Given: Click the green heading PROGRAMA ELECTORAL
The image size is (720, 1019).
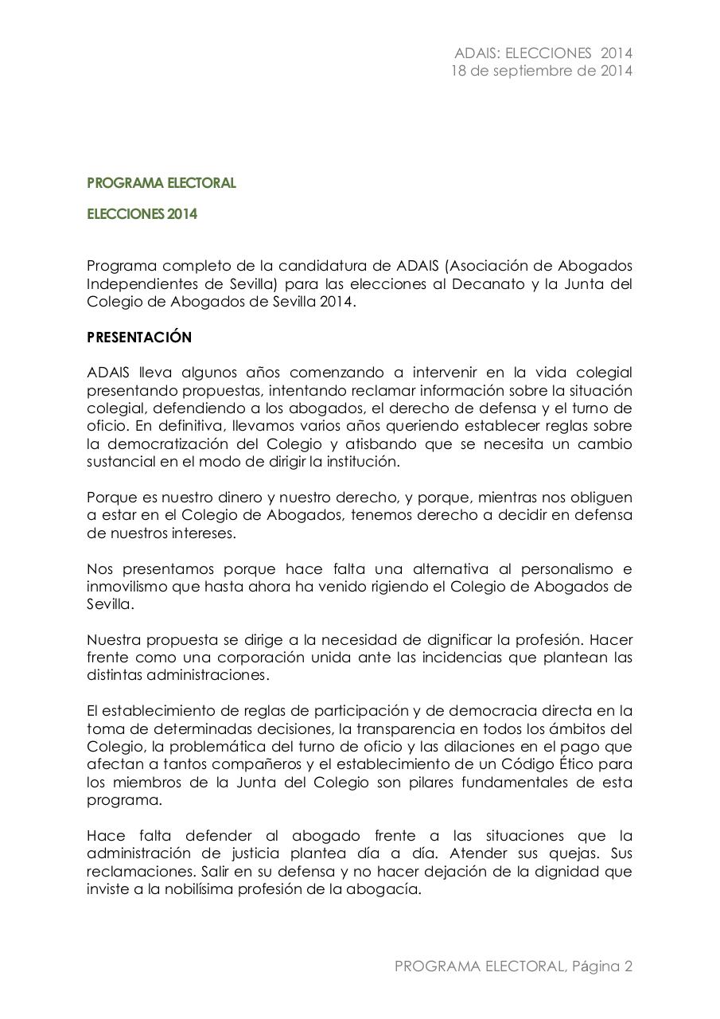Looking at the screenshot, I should tap(162, 183).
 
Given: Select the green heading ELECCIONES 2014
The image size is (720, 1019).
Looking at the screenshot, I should tap(142, 214).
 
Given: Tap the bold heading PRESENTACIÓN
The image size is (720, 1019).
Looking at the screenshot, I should tap(139, 337).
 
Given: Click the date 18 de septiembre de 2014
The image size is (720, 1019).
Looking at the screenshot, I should tap(541, 71).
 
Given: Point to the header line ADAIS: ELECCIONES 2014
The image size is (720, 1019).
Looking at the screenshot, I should tap(543, 53).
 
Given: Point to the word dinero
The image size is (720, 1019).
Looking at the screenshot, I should tap(215, 497).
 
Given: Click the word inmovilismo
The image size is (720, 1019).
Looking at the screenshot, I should tap(124, 586).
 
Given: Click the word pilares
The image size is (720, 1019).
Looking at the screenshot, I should tap(424, 782).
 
